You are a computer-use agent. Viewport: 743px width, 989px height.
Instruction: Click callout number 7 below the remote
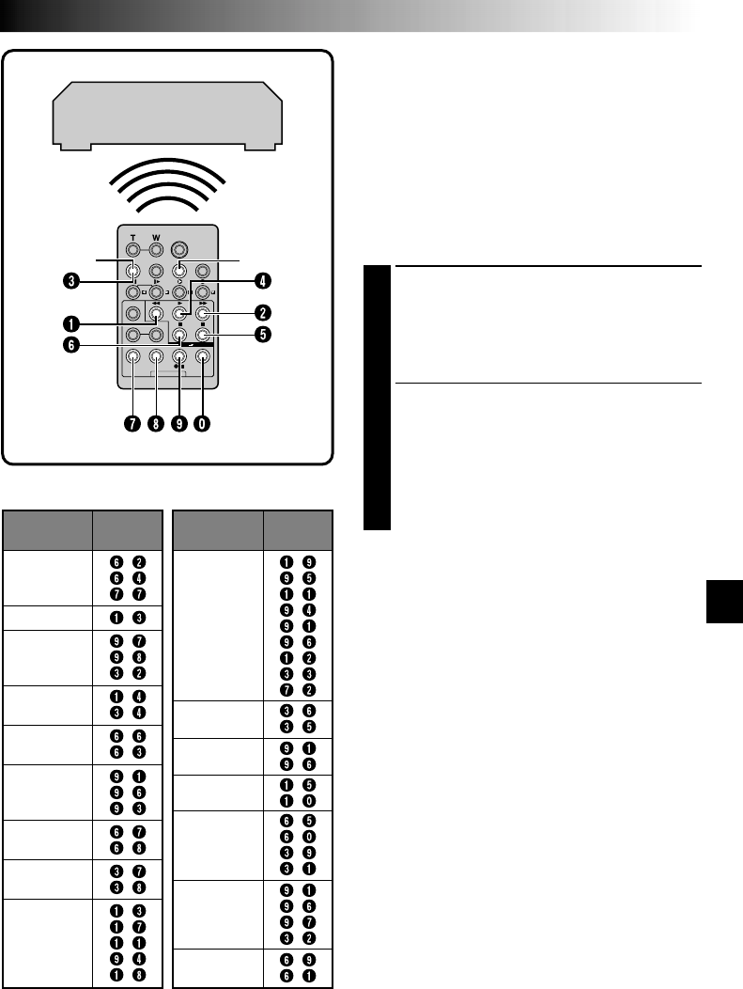(x=132, y=423)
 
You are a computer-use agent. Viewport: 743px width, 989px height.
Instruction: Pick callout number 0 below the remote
(x=202, y=423)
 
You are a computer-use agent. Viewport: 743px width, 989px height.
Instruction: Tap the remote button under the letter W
(x=156, y=250)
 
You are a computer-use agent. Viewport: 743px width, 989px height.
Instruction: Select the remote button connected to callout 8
(x=156, y=356)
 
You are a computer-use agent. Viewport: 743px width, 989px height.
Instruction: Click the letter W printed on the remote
(x=156, y=237)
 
